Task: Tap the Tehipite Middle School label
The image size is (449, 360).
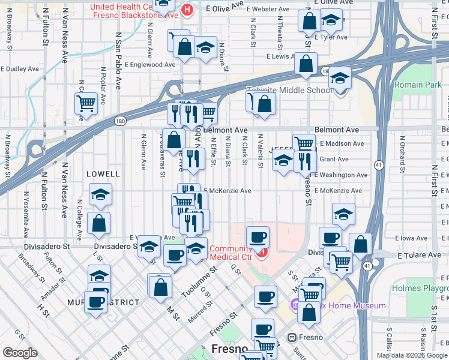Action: click(x=290, y=91)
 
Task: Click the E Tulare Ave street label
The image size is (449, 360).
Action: click(x=419, y=255)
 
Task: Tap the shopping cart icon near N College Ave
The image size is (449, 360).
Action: click(x=86, y=103)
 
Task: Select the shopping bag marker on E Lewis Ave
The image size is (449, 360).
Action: click(x=306, y=64)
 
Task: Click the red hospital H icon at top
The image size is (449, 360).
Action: click(x=188, y=10)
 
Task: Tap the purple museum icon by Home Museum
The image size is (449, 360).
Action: click(x=294, y=306)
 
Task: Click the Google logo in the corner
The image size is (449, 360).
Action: click(x=20, y=352)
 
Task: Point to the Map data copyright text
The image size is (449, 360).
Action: click(x=412, y=355)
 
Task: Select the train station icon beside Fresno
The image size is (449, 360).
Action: click(x=293, y=337)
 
